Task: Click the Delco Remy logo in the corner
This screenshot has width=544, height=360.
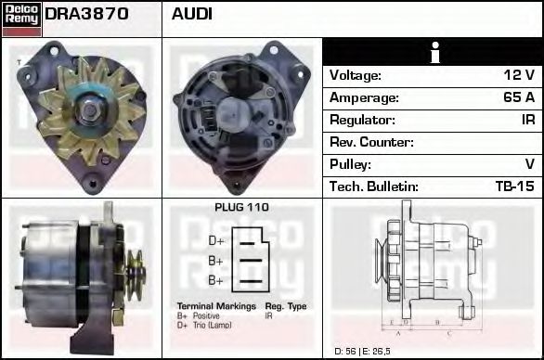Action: tap(20, 18)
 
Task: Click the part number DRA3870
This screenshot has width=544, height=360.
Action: tap(86, 15)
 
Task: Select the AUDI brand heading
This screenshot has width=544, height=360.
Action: tap(192, 15)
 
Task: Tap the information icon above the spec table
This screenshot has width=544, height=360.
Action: tap(433, 52)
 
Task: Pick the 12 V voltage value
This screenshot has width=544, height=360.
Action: tap(517, 75)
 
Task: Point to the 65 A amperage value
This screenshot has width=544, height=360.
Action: tap(517, 97)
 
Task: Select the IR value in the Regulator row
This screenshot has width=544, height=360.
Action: tap(527, 120)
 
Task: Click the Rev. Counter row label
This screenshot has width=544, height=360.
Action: tap(372, 142)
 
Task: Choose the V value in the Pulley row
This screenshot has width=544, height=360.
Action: tap(529, 164)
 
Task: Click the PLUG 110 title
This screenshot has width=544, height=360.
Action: tap(241, 208)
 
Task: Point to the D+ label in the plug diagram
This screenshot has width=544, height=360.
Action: tap(215, 239)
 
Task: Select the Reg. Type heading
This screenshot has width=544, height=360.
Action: tap(285, 306)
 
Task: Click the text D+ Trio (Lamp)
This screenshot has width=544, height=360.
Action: tap(205, 325)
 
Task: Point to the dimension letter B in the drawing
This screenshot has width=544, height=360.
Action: tap(436, 323)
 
